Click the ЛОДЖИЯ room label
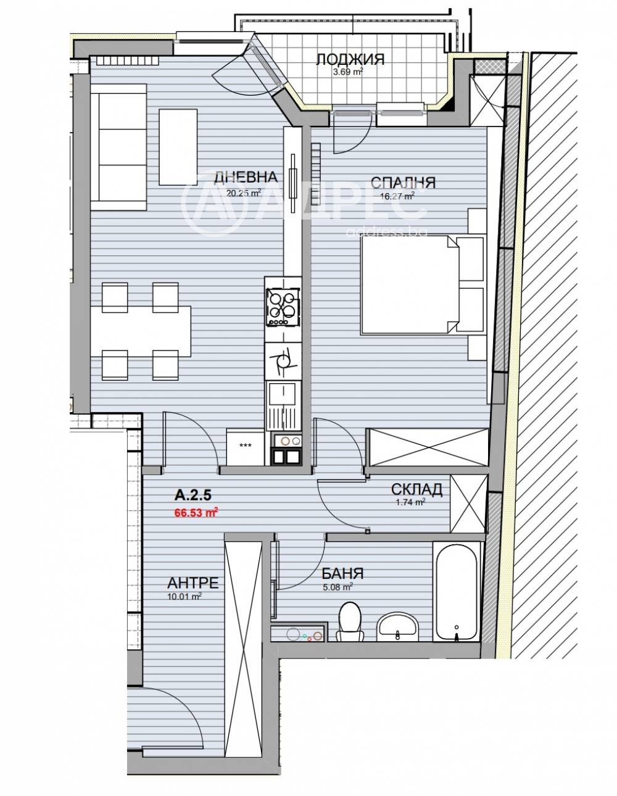tap(350, 59)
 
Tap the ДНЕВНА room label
tap(246, 177)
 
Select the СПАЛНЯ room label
tap(403, 183)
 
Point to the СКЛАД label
tap(416, 489)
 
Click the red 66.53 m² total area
tap(196, 513)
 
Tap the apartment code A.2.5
tap(193, 495)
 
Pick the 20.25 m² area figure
tap(244, 193)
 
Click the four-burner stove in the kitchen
tap(283, 306)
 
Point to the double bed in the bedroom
tap(410, 285)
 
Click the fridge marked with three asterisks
tap(246, 447)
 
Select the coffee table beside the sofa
tap(178, 146)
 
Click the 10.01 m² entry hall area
tap(184, 596)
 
